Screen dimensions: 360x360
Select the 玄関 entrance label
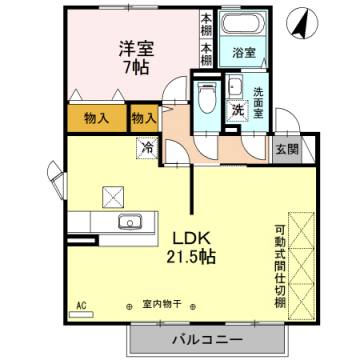click(286, 150)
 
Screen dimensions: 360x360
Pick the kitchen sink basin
click(128, 222)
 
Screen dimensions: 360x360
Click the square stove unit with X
click(110, 196)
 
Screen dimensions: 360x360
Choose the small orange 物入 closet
click(144, 118)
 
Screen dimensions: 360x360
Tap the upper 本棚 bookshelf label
click(206, 21)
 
